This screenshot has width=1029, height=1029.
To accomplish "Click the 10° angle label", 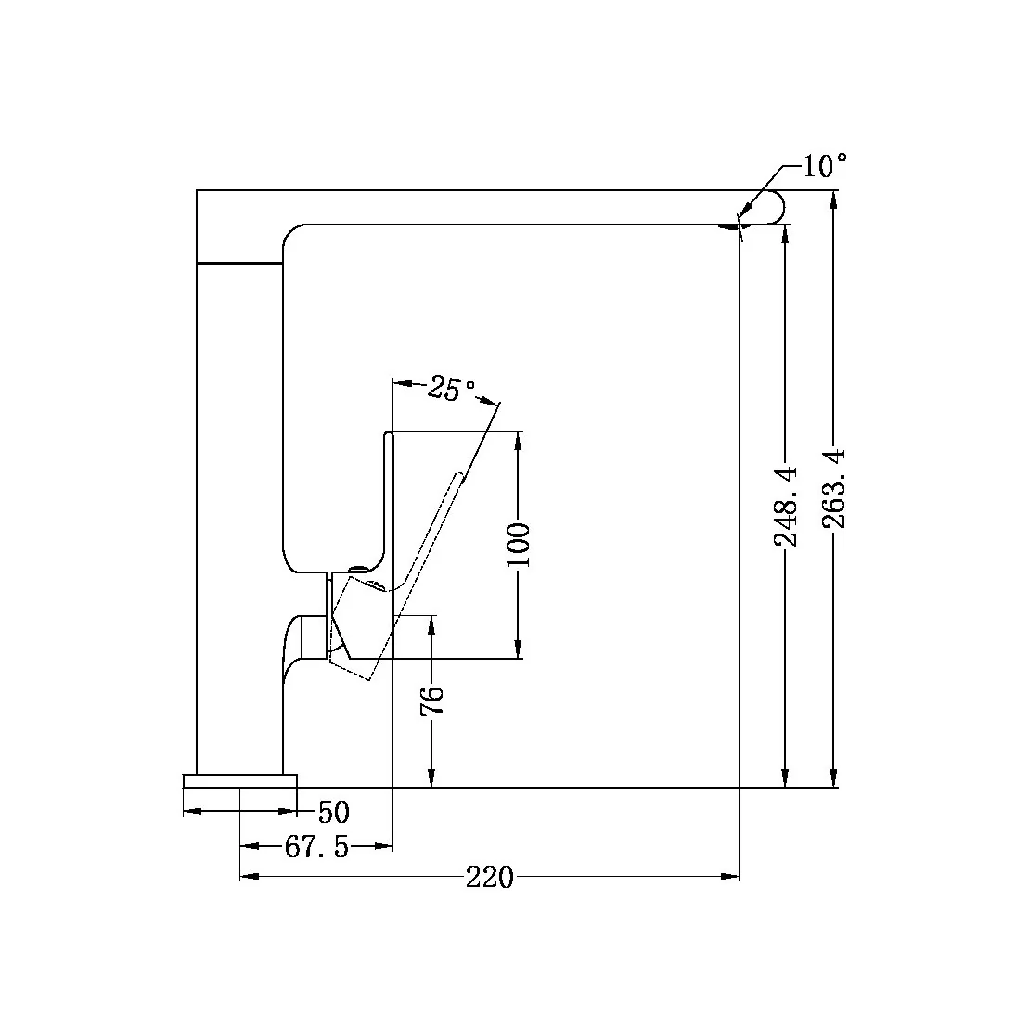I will [x=824, y=167].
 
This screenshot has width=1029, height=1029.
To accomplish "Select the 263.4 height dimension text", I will [x=833, y=488].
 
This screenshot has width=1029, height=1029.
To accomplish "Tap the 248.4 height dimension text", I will [x=785, y=505].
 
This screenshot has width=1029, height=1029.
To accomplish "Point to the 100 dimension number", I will [x=519, y=546].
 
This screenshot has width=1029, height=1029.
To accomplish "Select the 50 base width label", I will [x=333, y=813].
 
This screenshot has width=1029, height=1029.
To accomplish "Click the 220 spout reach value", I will [x=489, y=877].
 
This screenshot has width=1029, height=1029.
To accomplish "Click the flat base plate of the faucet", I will [x=240, y=781].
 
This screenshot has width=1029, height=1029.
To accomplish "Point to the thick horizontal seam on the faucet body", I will [x=239, y=264].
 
